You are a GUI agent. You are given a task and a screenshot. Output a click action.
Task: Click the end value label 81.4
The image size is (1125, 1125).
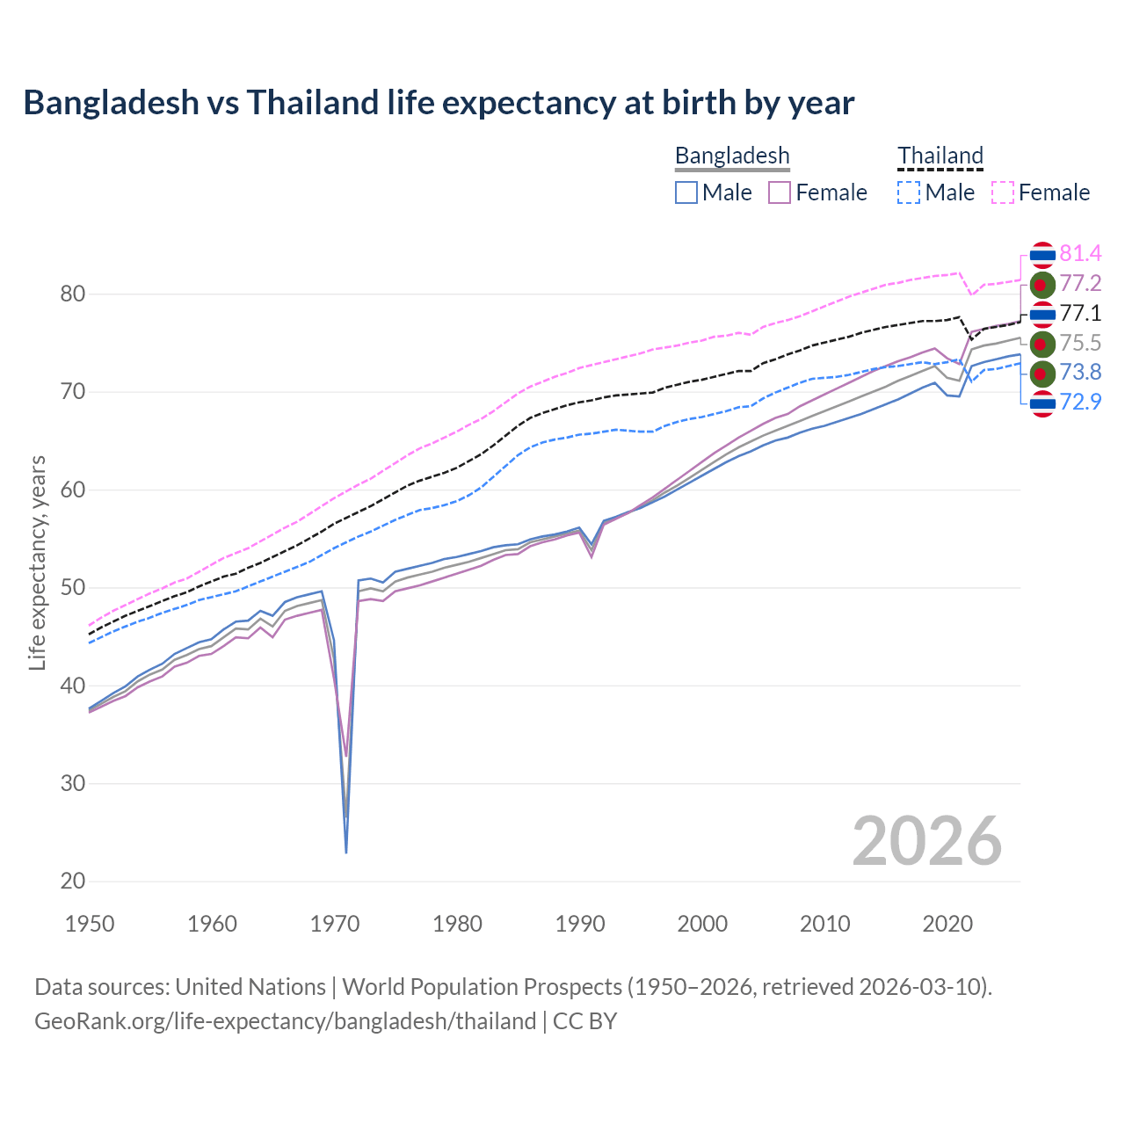1080,253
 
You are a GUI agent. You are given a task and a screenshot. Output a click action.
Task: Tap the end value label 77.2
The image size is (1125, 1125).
1080,283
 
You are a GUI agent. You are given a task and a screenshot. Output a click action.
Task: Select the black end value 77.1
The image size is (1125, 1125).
1080,313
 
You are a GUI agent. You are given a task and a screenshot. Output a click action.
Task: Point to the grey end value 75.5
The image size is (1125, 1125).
1080,343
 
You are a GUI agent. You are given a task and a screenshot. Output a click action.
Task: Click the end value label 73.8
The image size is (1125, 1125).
1080,373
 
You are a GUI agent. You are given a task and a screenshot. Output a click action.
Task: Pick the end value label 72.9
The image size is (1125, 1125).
1080,403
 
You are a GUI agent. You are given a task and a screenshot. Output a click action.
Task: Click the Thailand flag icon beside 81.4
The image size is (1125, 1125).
1042,255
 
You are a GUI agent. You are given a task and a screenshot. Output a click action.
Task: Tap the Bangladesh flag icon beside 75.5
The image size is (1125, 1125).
1042,344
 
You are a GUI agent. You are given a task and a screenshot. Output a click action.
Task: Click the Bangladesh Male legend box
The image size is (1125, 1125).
686,192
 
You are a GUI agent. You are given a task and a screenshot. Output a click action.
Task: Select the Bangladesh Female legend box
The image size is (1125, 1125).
780,192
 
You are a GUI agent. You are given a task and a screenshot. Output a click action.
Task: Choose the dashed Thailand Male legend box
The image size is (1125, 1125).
909,192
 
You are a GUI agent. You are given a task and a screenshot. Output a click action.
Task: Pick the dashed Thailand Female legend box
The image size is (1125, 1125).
1003,192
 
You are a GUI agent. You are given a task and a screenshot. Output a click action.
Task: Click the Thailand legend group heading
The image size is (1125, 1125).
940,156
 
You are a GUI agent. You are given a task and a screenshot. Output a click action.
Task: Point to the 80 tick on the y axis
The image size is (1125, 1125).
73,294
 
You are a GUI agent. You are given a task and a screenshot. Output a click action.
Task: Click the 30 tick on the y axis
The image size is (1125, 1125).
73,783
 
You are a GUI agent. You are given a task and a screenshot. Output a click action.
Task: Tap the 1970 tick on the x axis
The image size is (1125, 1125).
335,924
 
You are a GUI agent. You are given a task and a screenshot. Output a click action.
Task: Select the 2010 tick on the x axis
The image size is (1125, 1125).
824,924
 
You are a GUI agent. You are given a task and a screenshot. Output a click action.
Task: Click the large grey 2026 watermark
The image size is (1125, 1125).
926,841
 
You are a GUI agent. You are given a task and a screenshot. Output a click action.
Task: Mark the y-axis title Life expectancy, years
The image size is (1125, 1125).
37,562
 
